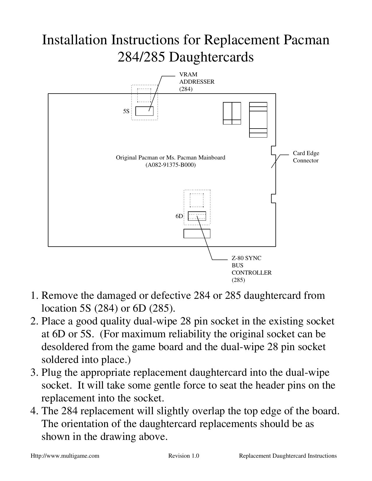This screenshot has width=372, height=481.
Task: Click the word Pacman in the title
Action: [306, 40]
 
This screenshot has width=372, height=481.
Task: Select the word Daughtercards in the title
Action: [211, 57]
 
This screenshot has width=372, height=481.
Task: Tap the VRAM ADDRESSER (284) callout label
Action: [196, 82]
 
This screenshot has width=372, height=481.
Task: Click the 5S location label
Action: [126, 111]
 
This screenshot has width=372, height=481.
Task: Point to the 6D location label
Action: [179, 216]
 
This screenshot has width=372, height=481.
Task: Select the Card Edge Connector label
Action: [306, 157]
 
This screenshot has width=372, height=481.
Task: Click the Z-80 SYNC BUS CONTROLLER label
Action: [251, 269]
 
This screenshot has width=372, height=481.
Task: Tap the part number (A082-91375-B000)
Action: [170, 165]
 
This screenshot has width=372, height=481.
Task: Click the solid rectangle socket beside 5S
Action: [144, 111]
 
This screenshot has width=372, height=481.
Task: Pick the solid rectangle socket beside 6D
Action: [197, 216]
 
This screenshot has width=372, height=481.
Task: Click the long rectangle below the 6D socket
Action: [197, 234]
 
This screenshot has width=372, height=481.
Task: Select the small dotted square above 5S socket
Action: [144, 95]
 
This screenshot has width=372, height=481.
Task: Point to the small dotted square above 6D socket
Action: [197, 200]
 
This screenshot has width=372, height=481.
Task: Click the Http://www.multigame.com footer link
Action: [65, 456]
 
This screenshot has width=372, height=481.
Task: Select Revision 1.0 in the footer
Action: [184, 456]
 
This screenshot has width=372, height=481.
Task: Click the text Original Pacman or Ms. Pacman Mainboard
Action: [170, 158]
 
